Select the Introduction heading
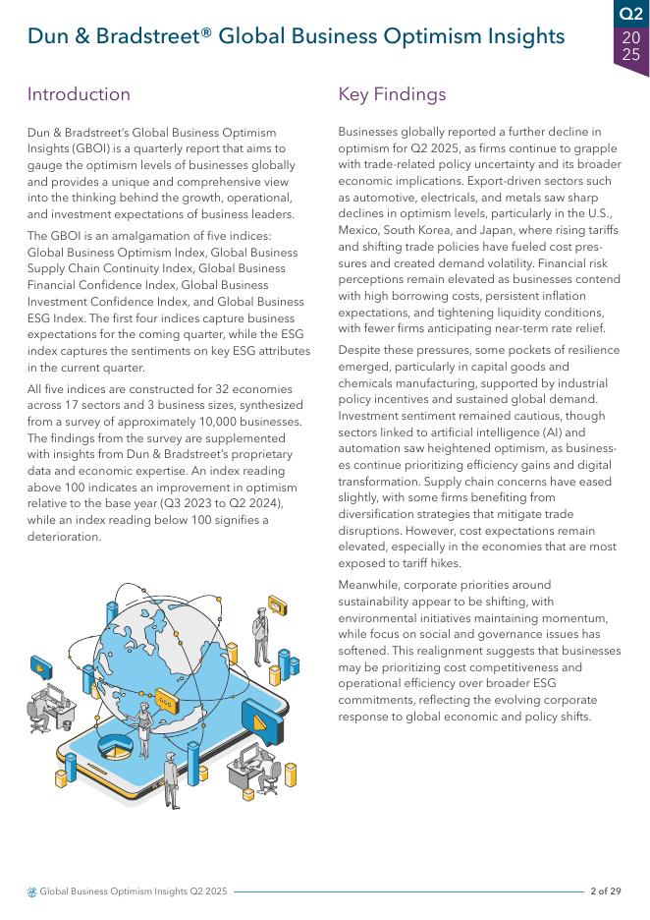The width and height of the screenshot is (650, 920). pos(79,94)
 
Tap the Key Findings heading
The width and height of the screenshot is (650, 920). pos(392,94)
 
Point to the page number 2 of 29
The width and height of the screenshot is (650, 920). pos(606,891)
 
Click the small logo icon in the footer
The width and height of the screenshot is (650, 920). pos(32,891)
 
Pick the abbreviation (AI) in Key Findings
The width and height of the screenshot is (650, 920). pos(546,432)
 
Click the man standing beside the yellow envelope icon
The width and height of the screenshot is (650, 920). pos(261,634)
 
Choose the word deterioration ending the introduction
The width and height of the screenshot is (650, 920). pos(64,537)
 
